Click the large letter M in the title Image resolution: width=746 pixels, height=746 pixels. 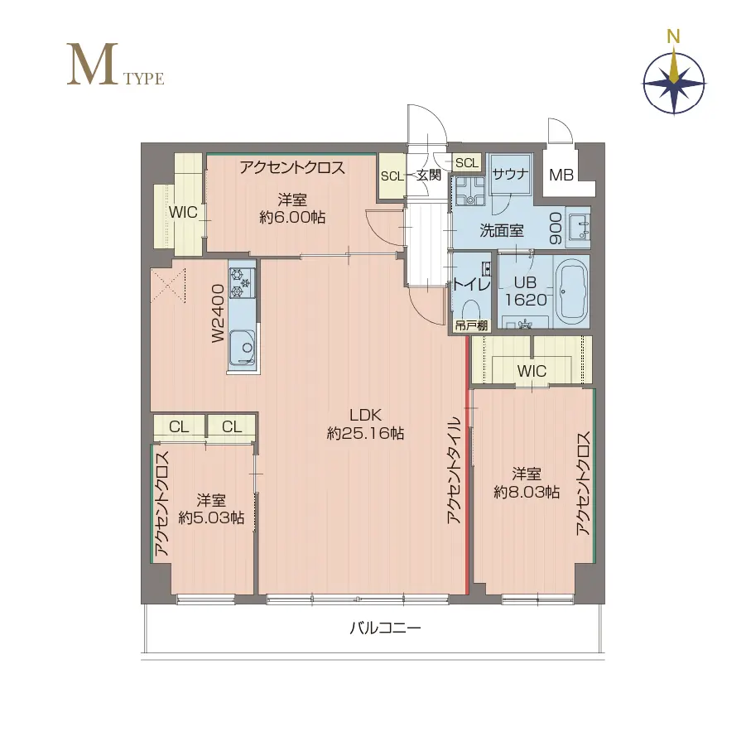click(x=92, y=65)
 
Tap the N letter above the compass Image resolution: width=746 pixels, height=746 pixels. click(x=673, y=36)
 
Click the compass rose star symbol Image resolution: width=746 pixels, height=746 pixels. click(x=674, y=84)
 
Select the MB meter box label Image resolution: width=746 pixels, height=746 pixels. click(x=561, y=175)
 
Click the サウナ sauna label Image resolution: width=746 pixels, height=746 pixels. click(x=511, y=174)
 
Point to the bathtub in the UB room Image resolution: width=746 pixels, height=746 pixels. click(x=571, y=291)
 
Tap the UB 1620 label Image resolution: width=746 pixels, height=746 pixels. click(x=525, y=291)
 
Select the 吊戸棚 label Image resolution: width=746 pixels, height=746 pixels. click(x=471, y=326)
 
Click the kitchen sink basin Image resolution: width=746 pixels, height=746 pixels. click(x=243, y=347)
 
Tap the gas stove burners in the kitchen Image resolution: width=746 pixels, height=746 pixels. click(x=242, y=282)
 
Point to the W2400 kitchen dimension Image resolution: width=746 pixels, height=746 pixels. click(x=218, y=313)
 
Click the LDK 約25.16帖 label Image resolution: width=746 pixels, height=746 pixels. click(x=365, y=424)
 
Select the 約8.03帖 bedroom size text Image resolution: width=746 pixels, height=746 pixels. click(x=527, y=492)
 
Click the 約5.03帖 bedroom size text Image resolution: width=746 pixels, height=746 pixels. click(x=212, y=517)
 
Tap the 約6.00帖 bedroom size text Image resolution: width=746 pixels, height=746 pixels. click(x=292, y=218)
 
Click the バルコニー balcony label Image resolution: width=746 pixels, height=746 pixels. click(x=385, y=628)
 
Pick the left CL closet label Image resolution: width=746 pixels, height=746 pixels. click(x=179, y=426)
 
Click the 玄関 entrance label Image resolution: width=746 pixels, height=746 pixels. click(x=429, y=175)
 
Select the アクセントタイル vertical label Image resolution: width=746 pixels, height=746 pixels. click(x=455, y=470)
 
